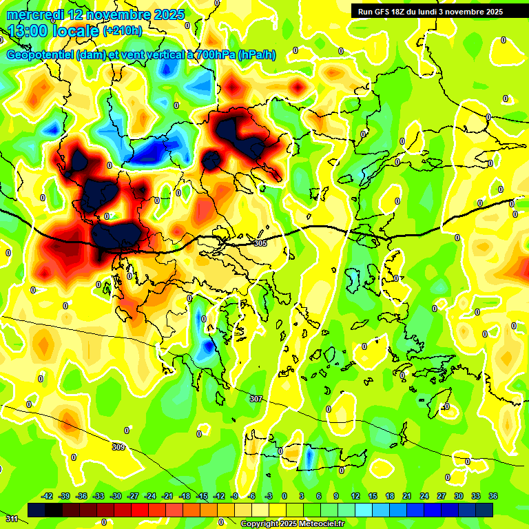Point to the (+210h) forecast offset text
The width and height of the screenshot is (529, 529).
coord(122,31)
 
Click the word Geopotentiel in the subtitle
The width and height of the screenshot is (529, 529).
coord(40,55)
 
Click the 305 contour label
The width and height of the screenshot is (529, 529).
coord(260,243)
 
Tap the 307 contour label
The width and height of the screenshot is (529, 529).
coord(256,399)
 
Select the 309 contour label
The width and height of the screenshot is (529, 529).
coord(118,447)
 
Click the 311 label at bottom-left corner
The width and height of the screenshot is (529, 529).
coord(12,518)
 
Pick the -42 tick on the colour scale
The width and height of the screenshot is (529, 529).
coord(48,496)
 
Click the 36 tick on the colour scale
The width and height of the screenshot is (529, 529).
coord(493,496)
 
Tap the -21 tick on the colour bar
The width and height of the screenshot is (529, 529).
coord(167,496)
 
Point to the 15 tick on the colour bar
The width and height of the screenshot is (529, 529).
coord(373,496)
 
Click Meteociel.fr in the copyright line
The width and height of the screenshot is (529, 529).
coord(318,523)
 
